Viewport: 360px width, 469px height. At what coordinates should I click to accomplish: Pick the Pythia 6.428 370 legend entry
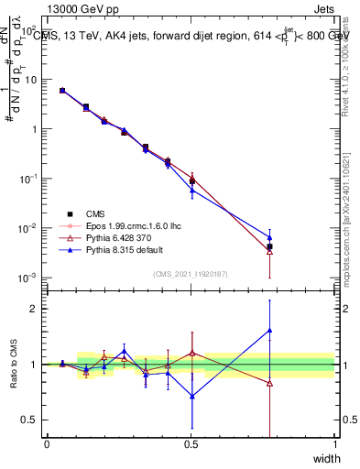pyautogui.click(x=125, y=235)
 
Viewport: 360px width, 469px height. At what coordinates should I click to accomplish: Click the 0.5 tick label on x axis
pyautogui.click(x=191, y=443)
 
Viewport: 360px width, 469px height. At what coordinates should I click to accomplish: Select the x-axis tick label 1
pyautogui.click(x=334, y=443)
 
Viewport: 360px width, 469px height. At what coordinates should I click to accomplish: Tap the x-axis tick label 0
pyautogui.click(x=47, y=443)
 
